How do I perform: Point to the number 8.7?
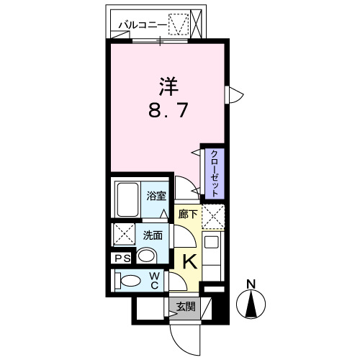(x=168, y=112)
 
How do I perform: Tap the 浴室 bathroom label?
(x=158, y=194)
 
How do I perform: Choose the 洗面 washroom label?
(x=151, y=234)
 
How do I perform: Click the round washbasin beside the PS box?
(x=147, y=256)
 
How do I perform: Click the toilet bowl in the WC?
(x=130, y=281)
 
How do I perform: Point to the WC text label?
(x=155, y=280)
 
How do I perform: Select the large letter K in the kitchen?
(x=189, y=260)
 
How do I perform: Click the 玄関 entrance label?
(x=185, y=307)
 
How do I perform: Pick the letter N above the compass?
(x=251, y=283)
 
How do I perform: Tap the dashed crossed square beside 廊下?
(x=214, y=216)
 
